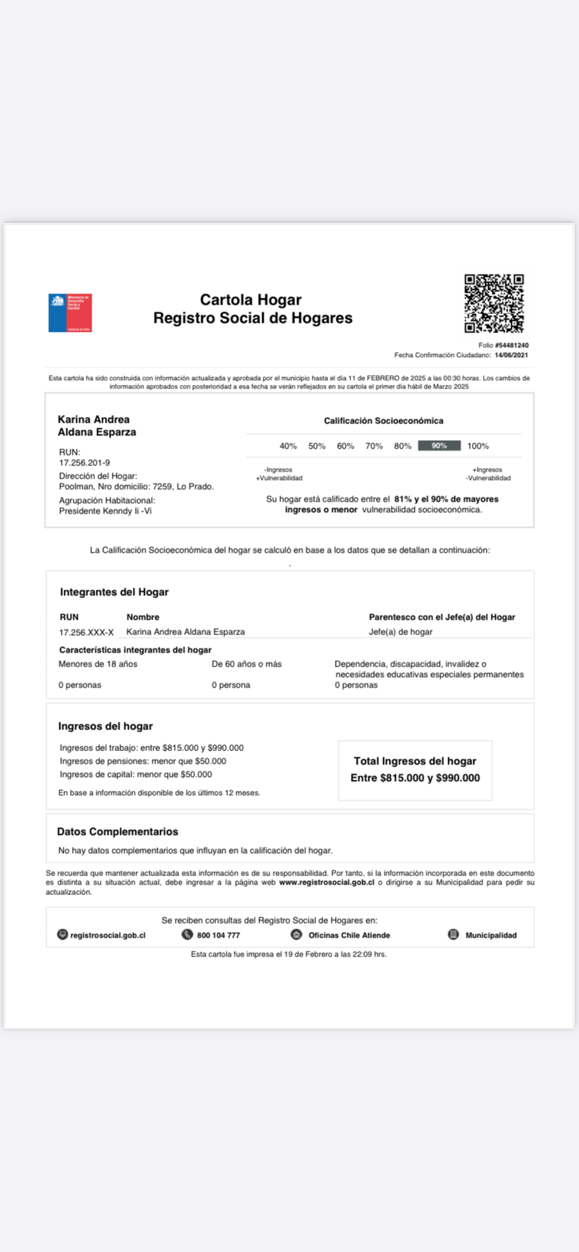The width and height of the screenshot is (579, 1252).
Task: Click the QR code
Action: [494, 303]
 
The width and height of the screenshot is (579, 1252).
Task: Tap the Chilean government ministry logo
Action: [70, 312]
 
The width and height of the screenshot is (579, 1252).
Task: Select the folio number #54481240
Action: [513, 345]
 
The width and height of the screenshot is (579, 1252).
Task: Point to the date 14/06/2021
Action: [511, 355]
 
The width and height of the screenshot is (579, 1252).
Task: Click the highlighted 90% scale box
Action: [439, 446]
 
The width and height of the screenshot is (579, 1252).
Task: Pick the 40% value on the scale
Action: [288, 446]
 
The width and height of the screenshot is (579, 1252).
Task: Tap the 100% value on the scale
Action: [478, 446]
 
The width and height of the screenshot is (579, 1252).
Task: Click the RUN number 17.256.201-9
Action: [85, 463]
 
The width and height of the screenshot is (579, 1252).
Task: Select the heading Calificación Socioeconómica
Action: [383, 421]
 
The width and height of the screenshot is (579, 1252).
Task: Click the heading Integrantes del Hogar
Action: [114, 592]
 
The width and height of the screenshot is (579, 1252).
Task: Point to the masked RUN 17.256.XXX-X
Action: [86, 632]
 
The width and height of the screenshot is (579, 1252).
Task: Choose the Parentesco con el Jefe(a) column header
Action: [442, 617]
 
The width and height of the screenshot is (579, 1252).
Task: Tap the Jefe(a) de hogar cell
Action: [401, 632]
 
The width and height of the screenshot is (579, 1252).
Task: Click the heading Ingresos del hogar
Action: [105, 726]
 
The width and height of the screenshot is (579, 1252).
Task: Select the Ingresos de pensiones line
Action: [143, 761]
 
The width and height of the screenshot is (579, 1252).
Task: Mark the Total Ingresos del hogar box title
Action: [415, 761]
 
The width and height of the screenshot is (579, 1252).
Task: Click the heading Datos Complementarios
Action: [117, 831]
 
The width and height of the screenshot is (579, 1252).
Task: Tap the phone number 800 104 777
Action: [218, 935]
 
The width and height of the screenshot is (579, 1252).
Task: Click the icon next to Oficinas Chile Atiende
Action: [296, 935]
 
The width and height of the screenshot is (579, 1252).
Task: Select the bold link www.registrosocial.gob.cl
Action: [327, 882]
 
